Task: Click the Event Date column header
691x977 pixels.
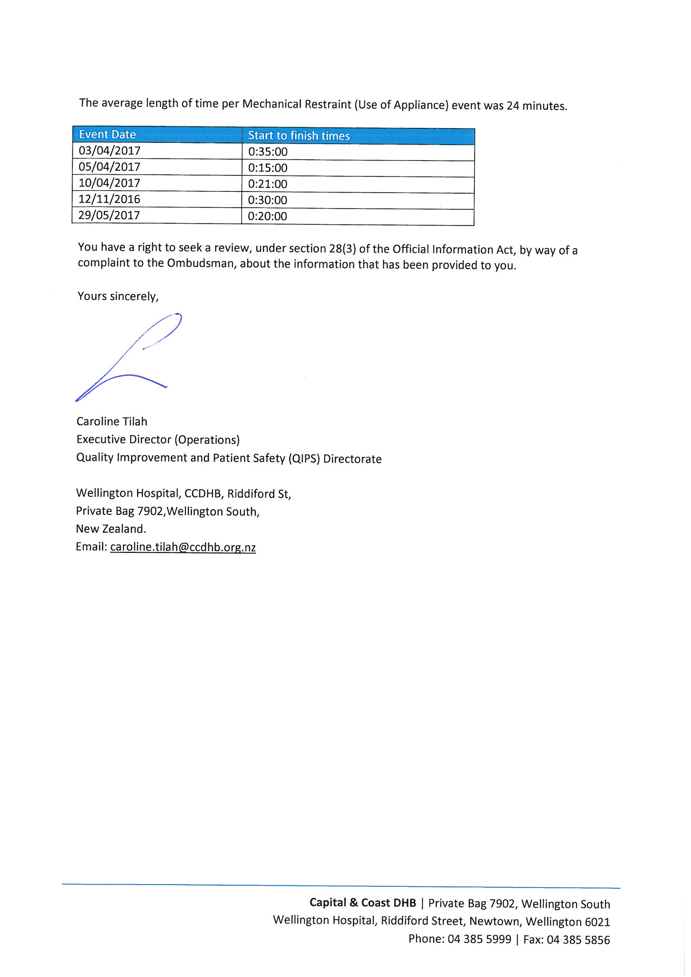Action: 107,135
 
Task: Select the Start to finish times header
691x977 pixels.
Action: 299,136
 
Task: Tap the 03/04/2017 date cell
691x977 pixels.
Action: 110,150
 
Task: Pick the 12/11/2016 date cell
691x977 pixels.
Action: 110,199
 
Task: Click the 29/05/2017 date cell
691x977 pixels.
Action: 110,215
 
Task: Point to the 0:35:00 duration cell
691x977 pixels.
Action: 268,152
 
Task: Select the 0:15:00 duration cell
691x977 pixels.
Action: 268,168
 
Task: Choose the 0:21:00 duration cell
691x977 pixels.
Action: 268,184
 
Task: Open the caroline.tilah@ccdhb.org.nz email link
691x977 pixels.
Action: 183,547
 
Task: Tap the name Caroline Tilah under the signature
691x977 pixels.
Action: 112,422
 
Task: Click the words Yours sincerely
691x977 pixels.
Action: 118,297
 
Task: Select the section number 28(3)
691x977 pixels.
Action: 343,249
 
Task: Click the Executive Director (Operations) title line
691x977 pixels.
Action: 158,440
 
